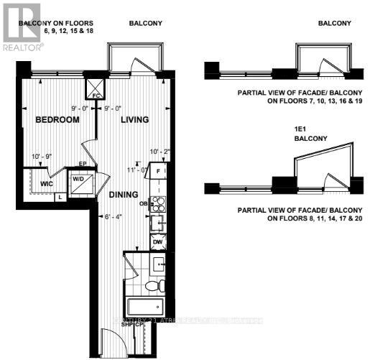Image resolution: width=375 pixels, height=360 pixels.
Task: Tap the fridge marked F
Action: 159,172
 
